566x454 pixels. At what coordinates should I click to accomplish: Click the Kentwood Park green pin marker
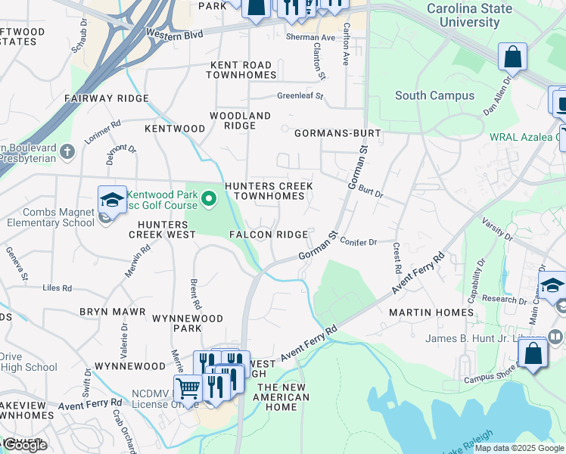coord(210,200)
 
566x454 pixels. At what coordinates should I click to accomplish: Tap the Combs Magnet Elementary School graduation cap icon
coord(112,201)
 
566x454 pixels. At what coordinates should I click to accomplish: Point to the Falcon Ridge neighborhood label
coord(269,235)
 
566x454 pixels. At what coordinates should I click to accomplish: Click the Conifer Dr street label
coord(358,242)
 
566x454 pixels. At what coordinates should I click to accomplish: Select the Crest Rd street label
coord(397,258)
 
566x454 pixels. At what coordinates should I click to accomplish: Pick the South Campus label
coord(434,95)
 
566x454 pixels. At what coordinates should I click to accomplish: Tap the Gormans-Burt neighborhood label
coord(337,133)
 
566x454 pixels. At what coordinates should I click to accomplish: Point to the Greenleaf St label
coord(300,96)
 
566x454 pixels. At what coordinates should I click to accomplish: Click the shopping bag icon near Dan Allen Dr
coord(512,57)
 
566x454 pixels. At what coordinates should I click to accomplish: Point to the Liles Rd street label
coord(58,288)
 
